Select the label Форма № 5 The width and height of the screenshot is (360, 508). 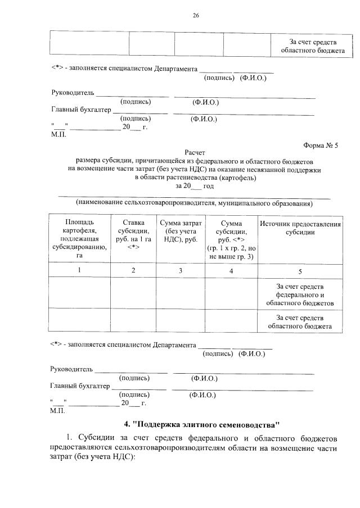click(320, 144)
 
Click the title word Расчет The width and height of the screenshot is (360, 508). click(195, 152)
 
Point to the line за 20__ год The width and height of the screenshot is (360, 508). click(195, 185)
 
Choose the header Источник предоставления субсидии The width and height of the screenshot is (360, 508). click(300, 228)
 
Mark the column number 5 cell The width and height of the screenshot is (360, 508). click(300, 271)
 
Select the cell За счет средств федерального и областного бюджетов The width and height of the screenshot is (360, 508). click(300, 295)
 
